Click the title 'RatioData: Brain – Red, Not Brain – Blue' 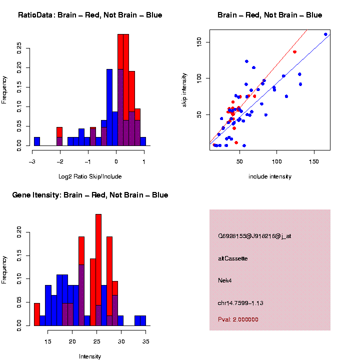pos(90,15)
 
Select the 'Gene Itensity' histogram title pos(90,195)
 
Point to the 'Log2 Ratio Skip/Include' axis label pos(90,176)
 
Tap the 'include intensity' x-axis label pos(270,176)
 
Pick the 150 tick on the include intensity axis pos(314,161)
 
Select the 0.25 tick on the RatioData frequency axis pos(19,48)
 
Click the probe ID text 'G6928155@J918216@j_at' pos(254,236)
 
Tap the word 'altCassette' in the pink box pos(233,258)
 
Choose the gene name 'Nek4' pos(225,280)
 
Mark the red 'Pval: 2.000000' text pos(238,319)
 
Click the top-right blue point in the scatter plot pos(325,34)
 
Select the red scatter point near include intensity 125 pos(294,52)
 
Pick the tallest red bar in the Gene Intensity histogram pos(98,270)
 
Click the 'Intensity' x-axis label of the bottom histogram pos(90,356)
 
